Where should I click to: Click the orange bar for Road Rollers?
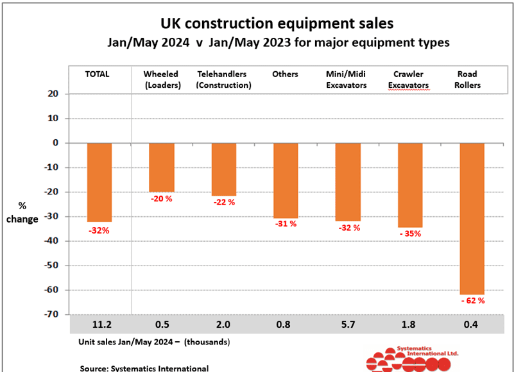click(x=472, y=218)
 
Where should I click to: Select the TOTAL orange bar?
click(x=99, y=182)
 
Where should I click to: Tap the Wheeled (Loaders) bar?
click(x=161, y=167)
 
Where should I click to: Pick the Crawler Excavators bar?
click(x=410, y=185)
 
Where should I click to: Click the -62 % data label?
click(x=472, y=300)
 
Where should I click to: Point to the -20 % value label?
click(x=162, y=198)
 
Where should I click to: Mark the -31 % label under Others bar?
click(x=286, y=224)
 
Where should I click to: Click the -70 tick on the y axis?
click(x=51, y=314)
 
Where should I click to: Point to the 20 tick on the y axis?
click(x=53, y=94)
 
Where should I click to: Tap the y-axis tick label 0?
click(x=56, y=143)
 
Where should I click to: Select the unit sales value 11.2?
click(x=99, y=324)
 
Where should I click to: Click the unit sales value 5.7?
click(x=348, y=324)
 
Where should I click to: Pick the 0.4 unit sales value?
click(x=472, y=324)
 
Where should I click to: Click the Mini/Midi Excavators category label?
click(x=347, y=79)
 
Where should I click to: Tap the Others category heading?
click(x=285, y=74)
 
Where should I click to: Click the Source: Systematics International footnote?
click(x=144, y=368)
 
